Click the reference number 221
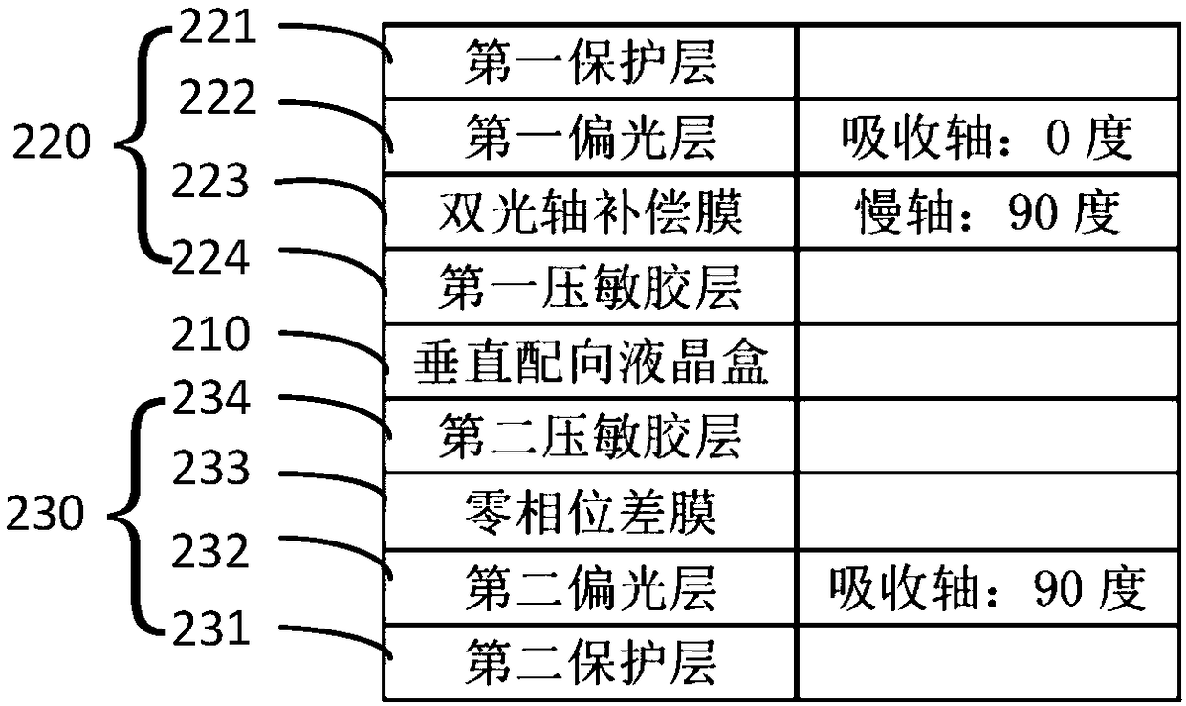pos(218,27)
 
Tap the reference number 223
pos(210,181)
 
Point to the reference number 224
pos(210,257)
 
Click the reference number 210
pos(210,333)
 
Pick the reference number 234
pos(210,398)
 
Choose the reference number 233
pos(210,467)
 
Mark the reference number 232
pos(210,550)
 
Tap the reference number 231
pos(210,628)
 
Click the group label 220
pos(52,142)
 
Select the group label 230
pos(45,513)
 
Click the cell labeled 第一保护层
pos(590,62)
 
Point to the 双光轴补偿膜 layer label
pos(590,212)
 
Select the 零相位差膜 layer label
pos(590,512)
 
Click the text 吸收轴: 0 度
pos(987,138)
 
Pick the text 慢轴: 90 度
pos(988,212)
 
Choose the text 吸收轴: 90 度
pos(987,588)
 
